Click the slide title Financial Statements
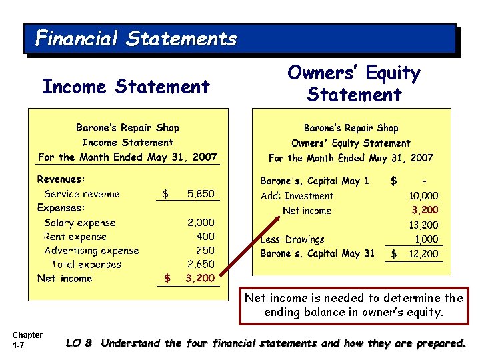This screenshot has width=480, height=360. tap(136, 39)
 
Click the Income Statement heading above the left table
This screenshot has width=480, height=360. tap(126, 87)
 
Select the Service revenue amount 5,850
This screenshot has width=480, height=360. tap(201, 194)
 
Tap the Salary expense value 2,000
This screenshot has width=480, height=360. tap(201, 223)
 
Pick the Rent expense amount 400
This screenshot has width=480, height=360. tap(205, 237)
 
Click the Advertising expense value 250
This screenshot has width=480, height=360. tap(205, 251)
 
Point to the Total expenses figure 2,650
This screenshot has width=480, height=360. tap(201, 265)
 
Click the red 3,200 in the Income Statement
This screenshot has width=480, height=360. tap(200, 279)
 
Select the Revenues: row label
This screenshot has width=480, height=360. tap(61, 179)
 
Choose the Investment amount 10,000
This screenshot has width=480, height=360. tap(423, 196)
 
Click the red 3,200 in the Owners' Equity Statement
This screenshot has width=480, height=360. tap(425, 211)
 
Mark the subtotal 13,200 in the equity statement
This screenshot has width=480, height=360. tap(423, 225)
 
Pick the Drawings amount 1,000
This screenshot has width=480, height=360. tap(427, 239)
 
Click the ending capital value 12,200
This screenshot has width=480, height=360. tap(423, 254)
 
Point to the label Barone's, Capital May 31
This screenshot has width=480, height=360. tap(317, 253)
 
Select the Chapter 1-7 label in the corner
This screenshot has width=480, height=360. tap(27, 339)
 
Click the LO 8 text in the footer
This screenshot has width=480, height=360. tap(79, 343)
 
